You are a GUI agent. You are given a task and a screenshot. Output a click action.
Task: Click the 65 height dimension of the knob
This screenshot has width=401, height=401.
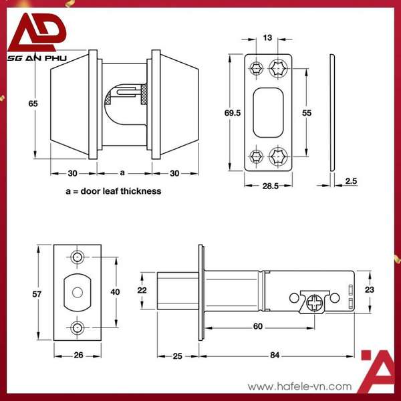[33, 104]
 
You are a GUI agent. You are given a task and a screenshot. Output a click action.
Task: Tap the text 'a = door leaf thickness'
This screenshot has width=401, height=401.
[113, 191]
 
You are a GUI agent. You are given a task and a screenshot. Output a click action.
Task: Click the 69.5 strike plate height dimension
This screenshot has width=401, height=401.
[233, 114]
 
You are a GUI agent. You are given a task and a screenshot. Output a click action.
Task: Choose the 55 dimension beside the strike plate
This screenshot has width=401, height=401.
[307, 114]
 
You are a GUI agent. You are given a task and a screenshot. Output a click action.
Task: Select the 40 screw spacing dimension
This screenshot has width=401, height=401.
[116, 292]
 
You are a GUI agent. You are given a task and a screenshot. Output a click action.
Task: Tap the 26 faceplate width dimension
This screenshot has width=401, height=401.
[78, 355]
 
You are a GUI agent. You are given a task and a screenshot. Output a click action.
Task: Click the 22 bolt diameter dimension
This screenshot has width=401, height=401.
[142, 289]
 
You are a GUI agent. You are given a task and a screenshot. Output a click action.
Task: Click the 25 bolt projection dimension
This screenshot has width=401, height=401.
[178, 356]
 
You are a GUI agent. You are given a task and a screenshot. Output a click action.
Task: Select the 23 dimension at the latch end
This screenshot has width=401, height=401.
[368, 289]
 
